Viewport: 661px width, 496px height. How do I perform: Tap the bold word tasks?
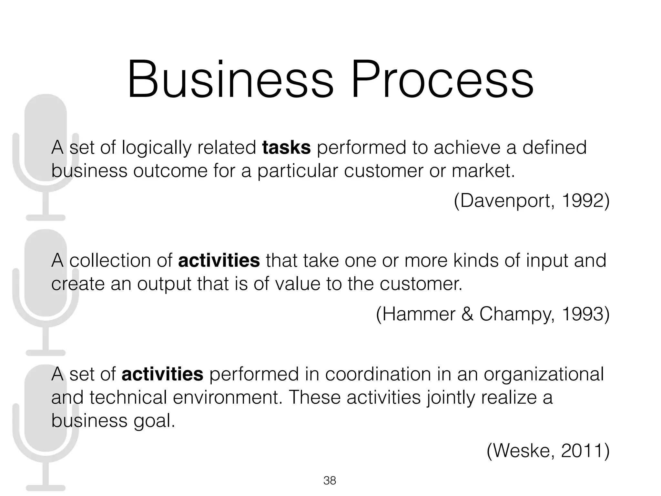click(x=286, y=148)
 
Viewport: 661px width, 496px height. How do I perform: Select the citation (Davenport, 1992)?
click(x=532, y=201)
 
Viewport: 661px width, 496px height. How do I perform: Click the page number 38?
click(x=330, y=480)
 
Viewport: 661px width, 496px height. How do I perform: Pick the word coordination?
click(x=378, y=374)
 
